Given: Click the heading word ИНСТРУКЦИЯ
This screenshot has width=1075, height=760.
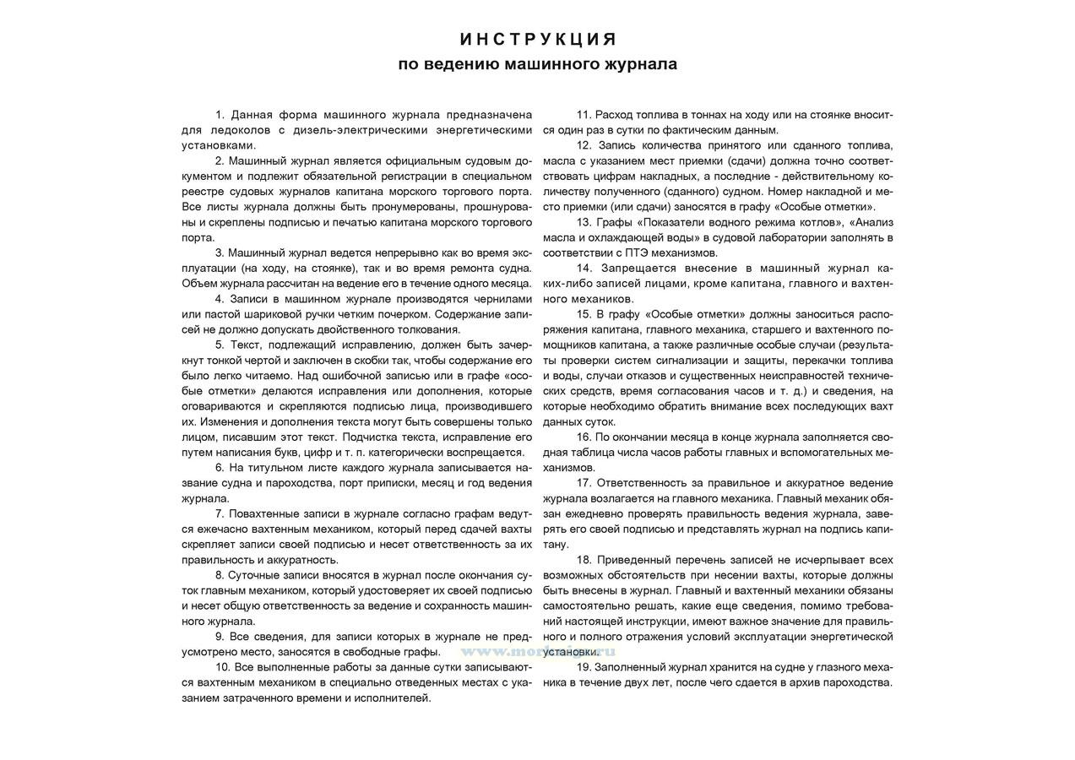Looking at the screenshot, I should pos(538,40).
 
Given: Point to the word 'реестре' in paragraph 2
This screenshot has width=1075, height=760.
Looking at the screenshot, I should pos(203,192).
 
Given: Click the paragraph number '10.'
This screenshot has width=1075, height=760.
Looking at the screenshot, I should pos(223,667).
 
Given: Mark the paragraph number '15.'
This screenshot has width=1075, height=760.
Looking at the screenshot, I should pos(584,314).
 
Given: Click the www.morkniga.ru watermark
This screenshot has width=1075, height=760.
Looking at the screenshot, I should pos(537,651).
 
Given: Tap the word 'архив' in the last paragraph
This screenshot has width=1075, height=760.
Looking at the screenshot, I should pos(807,682).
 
